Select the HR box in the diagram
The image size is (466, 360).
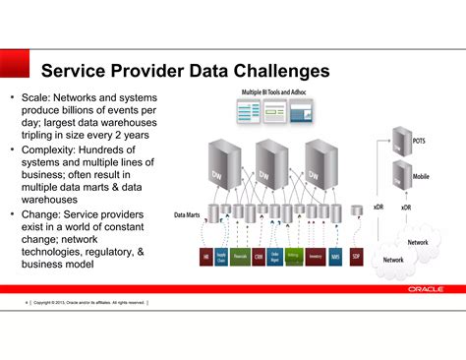coord(206,257)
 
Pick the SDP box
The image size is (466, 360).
coord(355,257)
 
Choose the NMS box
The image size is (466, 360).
coord(335,257)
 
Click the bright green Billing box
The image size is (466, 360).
coord(292,257)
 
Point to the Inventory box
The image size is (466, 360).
coord(315,257)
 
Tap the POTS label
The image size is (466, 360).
coord(419,140)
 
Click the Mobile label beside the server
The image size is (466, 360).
coord(420,177)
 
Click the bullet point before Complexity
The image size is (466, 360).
coord(11,150)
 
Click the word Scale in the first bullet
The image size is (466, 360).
coord(35,98)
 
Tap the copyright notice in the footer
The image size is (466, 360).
coord(88,302)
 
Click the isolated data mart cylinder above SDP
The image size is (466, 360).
coord(355,212)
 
